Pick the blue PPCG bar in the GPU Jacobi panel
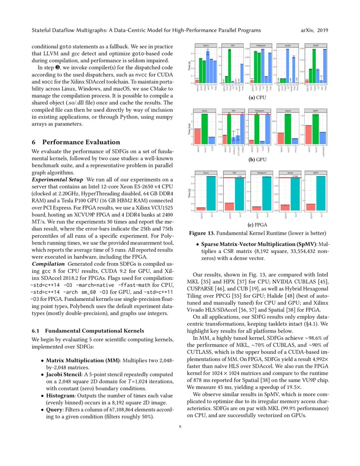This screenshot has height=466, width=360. pyautogui.click(x=295, y=141)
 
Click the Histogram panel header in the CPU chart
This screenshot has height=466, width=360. pyautogui.click(x=260, y=45)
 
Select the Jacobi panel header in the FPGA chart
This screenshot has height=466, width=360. pyautogui.click(x=288, y=173)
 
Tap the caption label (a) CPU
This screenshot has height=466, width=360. pyautogui.click(x=260, y=97)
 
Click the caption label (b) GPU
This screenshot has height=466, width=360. pyautogui.click(x=260, y=160)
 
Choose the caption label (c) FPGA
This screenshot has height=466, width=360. pyautogui.click(x=260, y=225)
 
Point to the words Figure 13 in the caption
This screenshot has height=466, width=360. pyautogui.click(x=205, y=233)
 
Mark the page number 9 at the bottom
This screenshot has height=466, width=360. pyautogui.click(x=180, y=433)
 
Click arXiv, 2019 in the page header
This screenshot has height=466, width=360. pyautogui.click(x=314, y=31)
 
